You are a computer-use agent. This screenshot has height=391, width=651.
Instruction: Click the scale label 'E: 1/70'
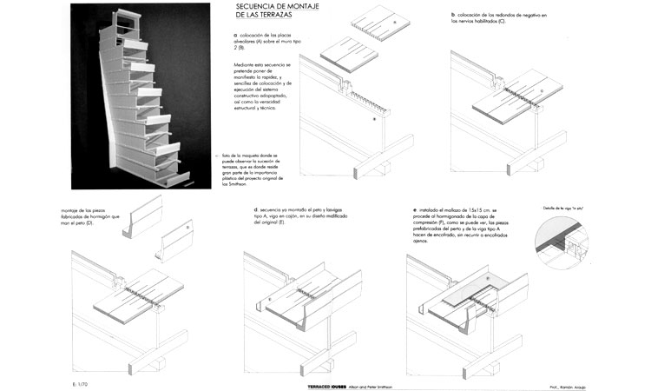tap(82, 383)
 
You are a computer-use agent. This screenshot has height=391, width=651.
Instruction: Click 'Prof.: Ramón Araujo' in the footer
tap(555, 383)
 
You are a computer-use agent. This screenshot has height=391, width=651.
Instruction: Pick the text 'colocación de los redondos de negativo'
tap(499, 16)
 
